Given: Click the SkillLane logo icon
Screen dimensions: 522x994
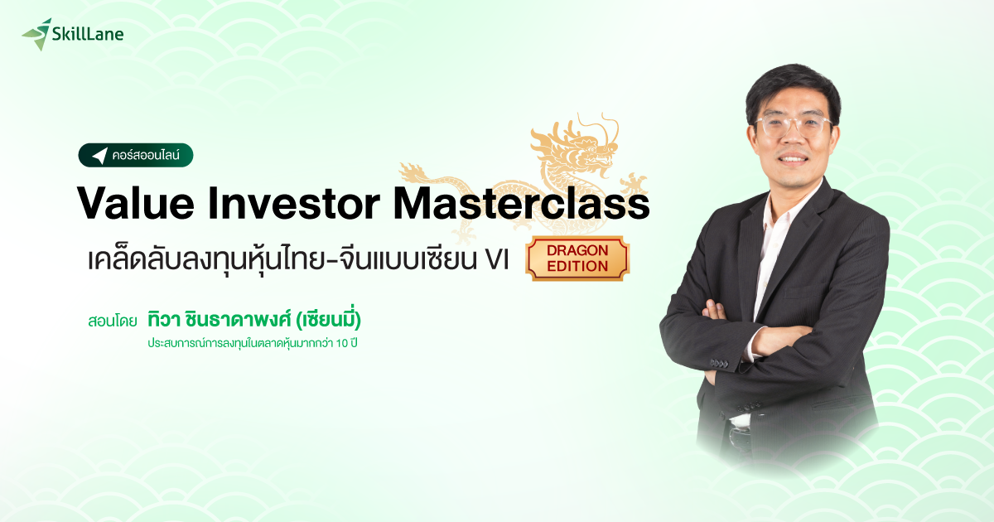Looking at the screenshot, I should click(36, 34).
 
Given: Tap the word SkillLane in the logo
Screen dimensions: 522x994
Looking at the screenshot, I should click(88, 34).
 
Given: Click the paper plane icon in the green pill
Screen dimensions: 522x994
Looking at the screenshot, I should click(100, 156).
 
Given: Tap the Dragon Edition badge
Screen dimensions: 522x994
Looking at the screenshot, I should click(577, 258).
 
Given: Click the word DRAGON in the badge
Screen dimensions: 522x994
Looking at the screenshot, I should click(577, 249).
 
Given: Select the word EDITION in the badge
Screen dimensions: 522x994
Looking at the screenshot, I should click(577, 266).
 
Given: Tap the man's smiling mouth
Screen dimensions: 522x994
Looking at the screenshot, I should click(795, 157).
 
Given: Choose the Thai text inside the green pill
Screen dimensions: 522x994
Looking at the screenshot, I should click(151, 156).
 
